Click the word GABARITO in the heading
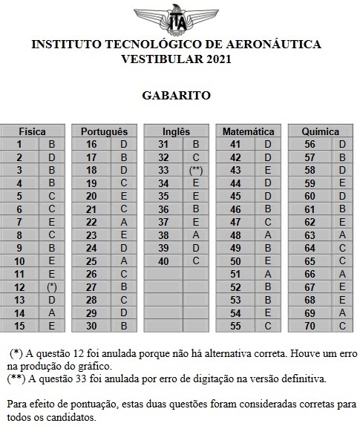177,95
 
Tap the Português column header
108,131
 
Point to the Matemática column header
248,131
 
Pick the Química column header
321,131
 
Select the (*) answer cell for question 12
52,286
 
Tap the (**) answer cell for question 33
196,170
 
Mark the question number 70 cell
310,325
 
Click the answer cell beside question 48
267,235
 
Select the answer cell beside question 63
342,235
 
